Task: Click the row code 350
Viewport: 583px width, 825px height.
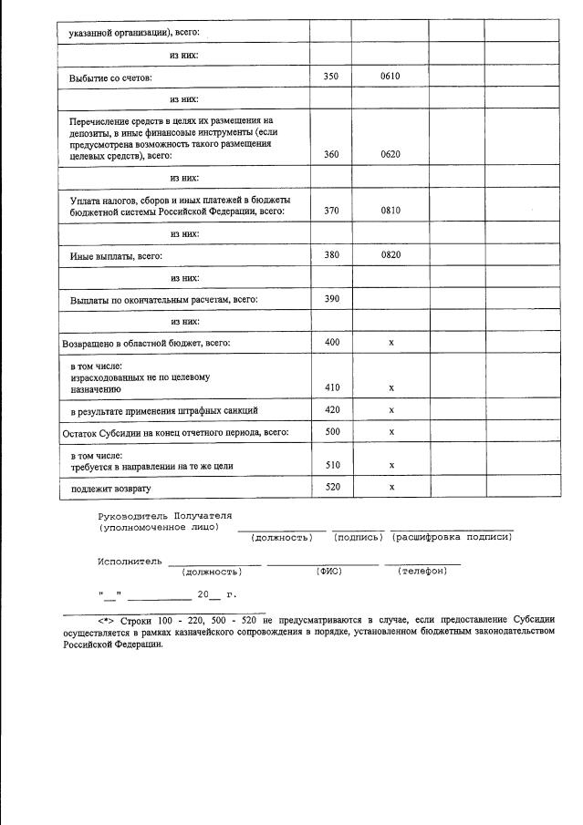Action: coord(330,77)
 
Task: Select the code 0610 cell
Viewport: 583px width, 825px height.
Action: coord(390,77)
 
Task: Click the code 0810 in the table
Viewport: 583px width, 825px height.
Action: coord(390,211)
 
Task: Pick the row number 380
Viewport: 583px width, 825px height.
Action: coord(330,255)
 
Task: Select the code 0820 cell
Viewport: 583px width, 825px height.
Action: coord(390,255)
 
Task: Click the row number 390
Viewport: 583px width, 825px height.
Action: coord(330,299)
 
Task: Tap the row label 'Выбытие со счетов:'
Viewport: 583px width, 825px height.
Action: coord(110,78)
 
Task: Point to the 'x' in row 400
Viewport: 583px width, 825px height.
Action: coord(390,343)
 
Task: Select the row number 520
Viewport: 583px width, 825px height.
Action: coord(330,487)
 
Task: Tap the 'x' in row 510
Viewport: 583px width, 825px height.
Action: coord(390,465)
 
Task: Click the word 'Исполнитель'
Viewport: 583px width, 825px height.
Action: coord(130,560)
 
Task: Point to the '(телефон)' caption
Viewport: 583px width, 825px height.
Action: coord(422,571)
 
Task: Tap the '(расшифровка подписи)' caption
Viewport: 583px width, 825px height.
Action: coord(452,536)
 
